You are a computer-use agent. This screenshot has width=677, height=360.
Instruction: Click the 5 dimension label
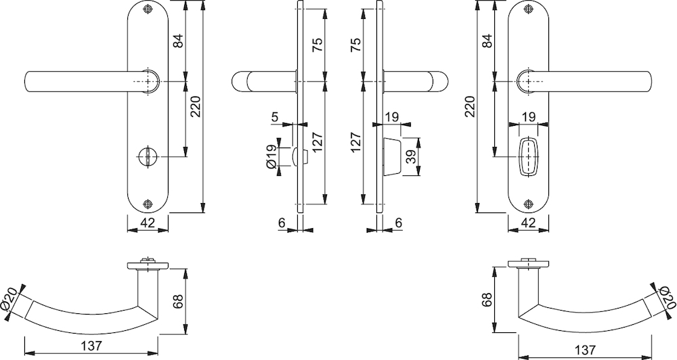pos(275,116)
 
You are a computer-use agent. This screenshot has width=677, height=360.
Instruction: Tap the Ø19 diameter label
pos(271,156)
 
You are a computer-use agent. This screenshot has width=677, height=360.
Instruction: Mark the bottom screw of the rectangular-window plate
pos(528,204)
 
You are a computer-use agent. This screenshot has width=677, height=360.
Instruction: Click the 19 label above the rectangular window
pos(528,116)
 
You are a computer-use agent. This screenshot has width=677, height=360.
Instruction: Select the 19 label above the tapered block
pos(391,116)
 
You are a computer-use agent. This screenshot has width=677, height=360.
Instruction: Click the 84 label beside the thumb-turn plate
pos(179,41)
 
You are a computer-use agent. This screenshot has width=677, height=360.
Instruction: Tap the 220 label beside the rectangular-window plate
pos(471,107)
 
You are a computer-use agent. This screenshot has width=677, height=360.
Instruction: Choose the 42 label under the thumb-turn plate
pos(148,223)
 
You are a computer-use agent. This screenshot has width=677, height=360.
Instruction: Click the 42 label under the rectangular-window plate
pos(528,223)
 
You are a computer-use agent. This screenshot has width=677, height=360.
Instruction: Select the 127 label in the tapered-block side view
pos(355,143)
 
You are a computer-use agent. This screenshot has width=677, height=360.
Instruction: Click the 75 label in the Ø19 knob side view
pos(318,45)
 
